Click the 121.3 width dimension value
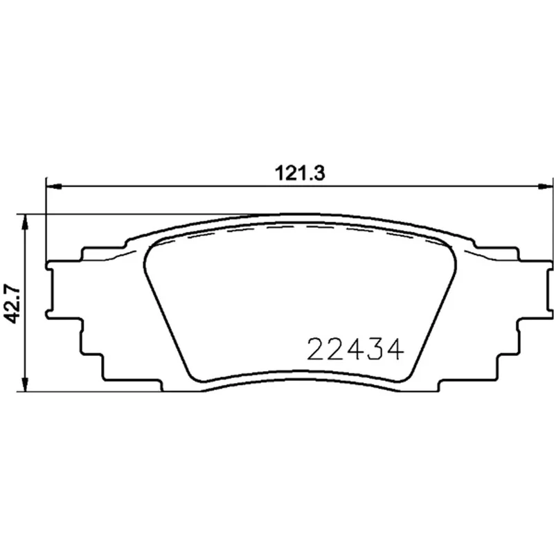300,174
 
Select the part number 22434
355,349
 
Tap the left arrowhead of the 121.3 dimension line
54,186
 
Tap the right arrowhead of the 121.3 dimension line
544,186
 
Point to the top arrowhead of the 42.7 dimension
24,222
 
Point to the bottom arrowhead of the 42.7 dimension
24,384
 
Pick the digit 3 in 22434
375,349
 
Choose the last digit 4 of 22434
395,349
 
